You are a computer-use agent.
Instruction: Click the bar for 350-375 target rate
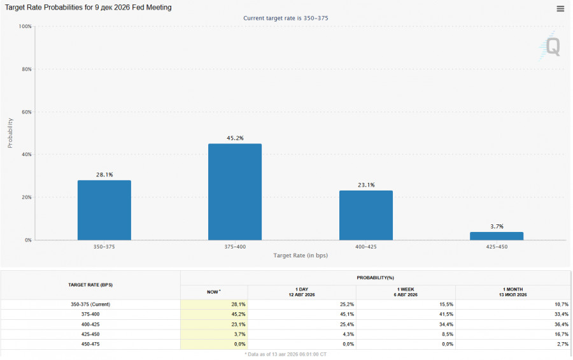coord(104,210)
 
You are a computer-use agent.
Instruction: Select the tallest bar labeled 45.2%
coord(235,192)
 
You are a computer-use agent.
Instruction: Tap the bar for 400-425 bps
coord(366,215)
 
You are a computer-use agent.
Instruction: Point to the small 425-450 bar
coord(497,236)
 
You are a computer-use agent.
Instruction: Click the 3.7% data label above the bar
coord(497,226)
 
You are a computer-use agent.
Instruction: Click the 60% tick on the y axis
coord(27,112)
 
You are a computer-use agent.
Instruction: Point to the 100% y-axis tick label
coord(25,26)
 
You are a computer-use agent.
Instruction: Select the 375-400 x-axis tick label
coord(235,247)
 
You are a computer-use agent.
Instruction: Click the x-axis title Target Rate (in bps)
coord(301,256)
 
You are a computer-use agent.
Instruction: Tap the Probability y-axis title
coord(10,133)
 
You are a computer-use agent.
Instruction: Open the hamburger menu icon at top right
coord(560,9)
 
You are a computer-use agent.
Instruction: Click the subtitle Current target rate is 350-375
coord(286,18)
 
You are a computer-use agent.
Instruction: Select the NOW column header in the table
coord(214,292)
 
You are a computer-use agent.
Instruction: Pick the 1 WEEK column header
coord(406,292)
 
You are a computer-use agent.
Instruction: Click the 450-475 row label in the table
coord(90,344)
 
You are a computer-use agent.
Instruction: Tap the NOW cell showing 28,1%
coord(238,305)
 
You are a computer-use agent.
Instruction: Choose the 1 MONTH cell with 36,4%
coord(562,324)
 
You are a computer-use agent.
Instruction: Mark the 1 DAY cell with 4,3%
coord(348,335)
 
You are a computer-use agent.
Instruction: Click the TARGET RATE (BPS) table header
coord(90,285)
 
